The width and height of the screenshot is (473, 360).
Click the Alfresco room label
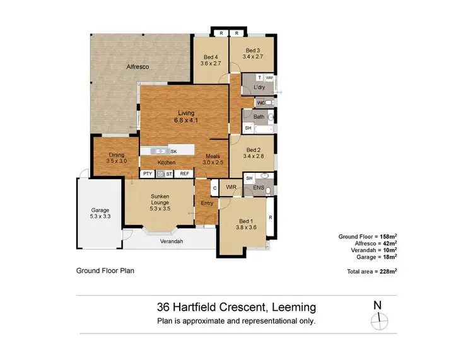point(137,66)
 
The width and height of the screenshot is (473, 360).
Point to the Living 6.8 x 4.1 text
point(185,117)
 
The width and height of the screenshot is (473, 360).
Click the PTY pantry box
point(147,173)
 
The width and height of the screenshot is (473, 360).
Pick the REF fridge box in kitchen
point(184,173)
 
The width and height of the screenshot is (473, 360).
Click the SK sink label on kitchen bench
point(173,151)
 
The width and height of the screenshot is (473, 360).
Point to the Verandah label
point(172,241)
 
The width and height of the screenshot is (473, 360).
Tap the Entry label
point(207,203)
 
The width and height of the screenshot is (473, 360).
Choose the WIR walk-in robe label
point(231,187)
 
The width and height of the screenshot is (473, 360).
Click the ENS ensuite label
point(258,188)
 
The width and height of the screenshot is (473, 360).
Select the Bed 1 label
point(245,221)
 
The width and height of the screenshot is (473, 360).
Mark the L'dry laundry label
point(259,87)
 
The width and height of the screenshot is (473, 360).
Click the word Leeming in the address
point(293,308)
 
